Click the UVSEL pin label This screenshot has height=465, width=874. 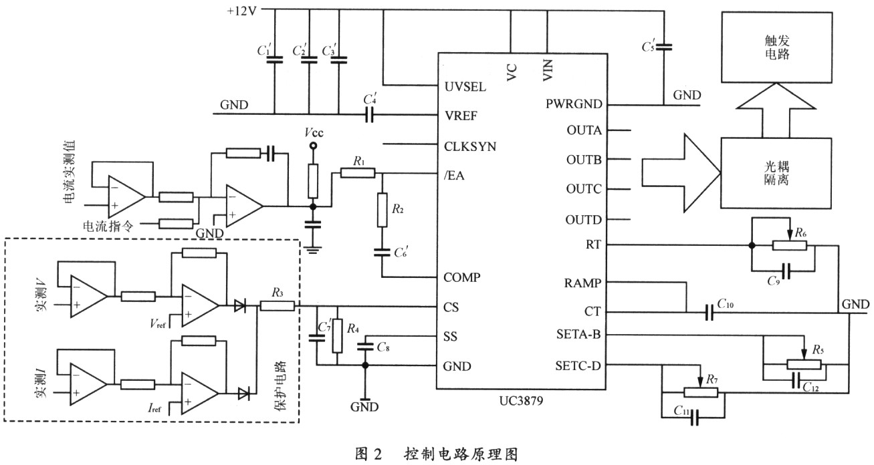pos(466,87)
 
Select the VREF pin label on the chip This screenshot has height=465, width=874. pos(462,115)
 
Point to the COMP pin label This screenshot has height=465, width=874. pos(463,277)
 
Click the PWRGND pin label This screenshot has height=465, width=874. pos(574,105)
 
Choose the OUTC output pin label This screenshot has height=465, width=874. pos(583,189)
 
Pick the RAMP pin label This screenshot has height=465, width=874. pos(582,283)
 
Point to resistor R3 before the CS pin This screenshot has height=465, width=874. pos(277,306)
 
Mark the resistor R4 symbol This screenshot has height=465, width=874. pos(337,336)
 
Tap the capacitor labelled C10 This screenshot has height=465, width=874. pos(709,312)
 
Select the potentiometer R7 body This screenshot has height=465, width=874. pos(699,392)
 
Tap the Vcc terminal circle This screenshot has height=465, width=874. pos(311,145)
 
